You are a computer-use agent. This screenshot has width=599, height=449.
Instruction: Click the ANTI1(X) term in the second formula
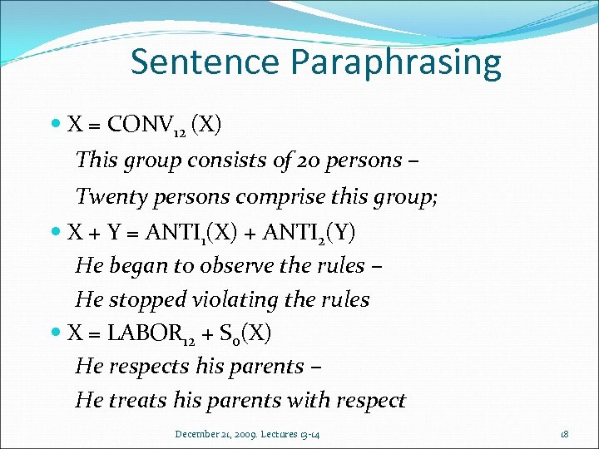(200, 232)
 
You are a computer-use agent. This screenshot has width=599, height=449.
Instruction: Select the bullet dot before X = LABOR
(56, 333)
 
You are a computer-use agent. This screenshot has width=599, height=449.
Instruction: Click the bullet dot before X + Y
(56, 232)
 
